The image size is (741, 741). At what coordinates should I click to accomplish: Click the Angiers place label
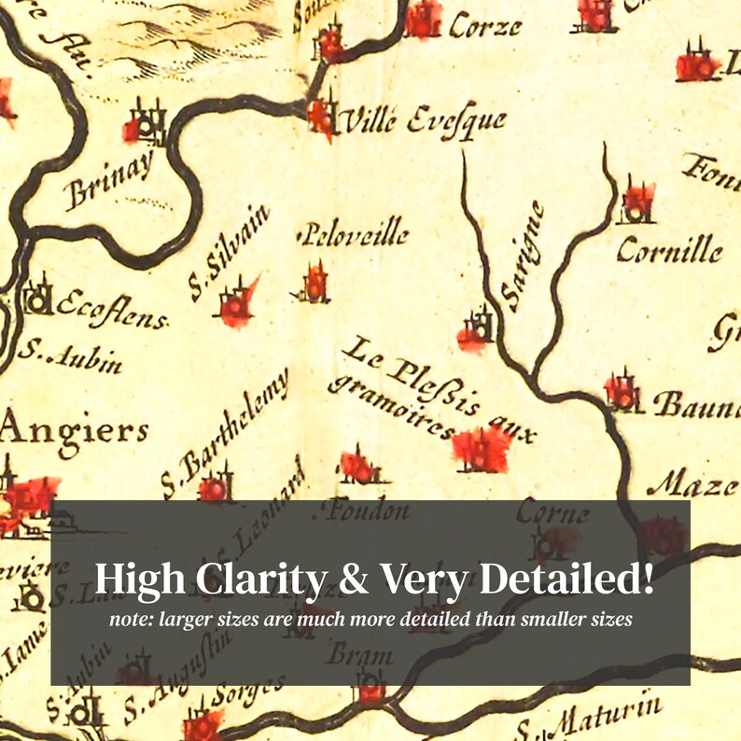tap(75, 432)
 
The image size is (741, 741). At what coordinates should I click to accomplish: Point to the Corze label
tap(484, 25)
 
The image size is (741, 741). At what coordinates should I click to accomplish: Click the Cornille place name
tap(669, 250)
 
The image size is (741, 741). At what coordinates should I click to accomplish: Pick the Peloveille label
tap(353, 233)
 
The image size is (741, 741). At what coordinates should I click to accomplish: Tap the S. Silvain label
tap(228, 253)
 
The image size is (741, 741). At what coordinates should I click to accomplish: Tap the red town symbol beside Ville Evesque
tap(322, 115)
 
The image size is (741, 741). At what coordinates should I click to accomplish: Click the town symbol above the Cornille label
tap(638, 202)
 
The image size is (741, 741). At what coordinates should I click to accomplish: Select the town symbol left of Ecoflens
tap(38, 297)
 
